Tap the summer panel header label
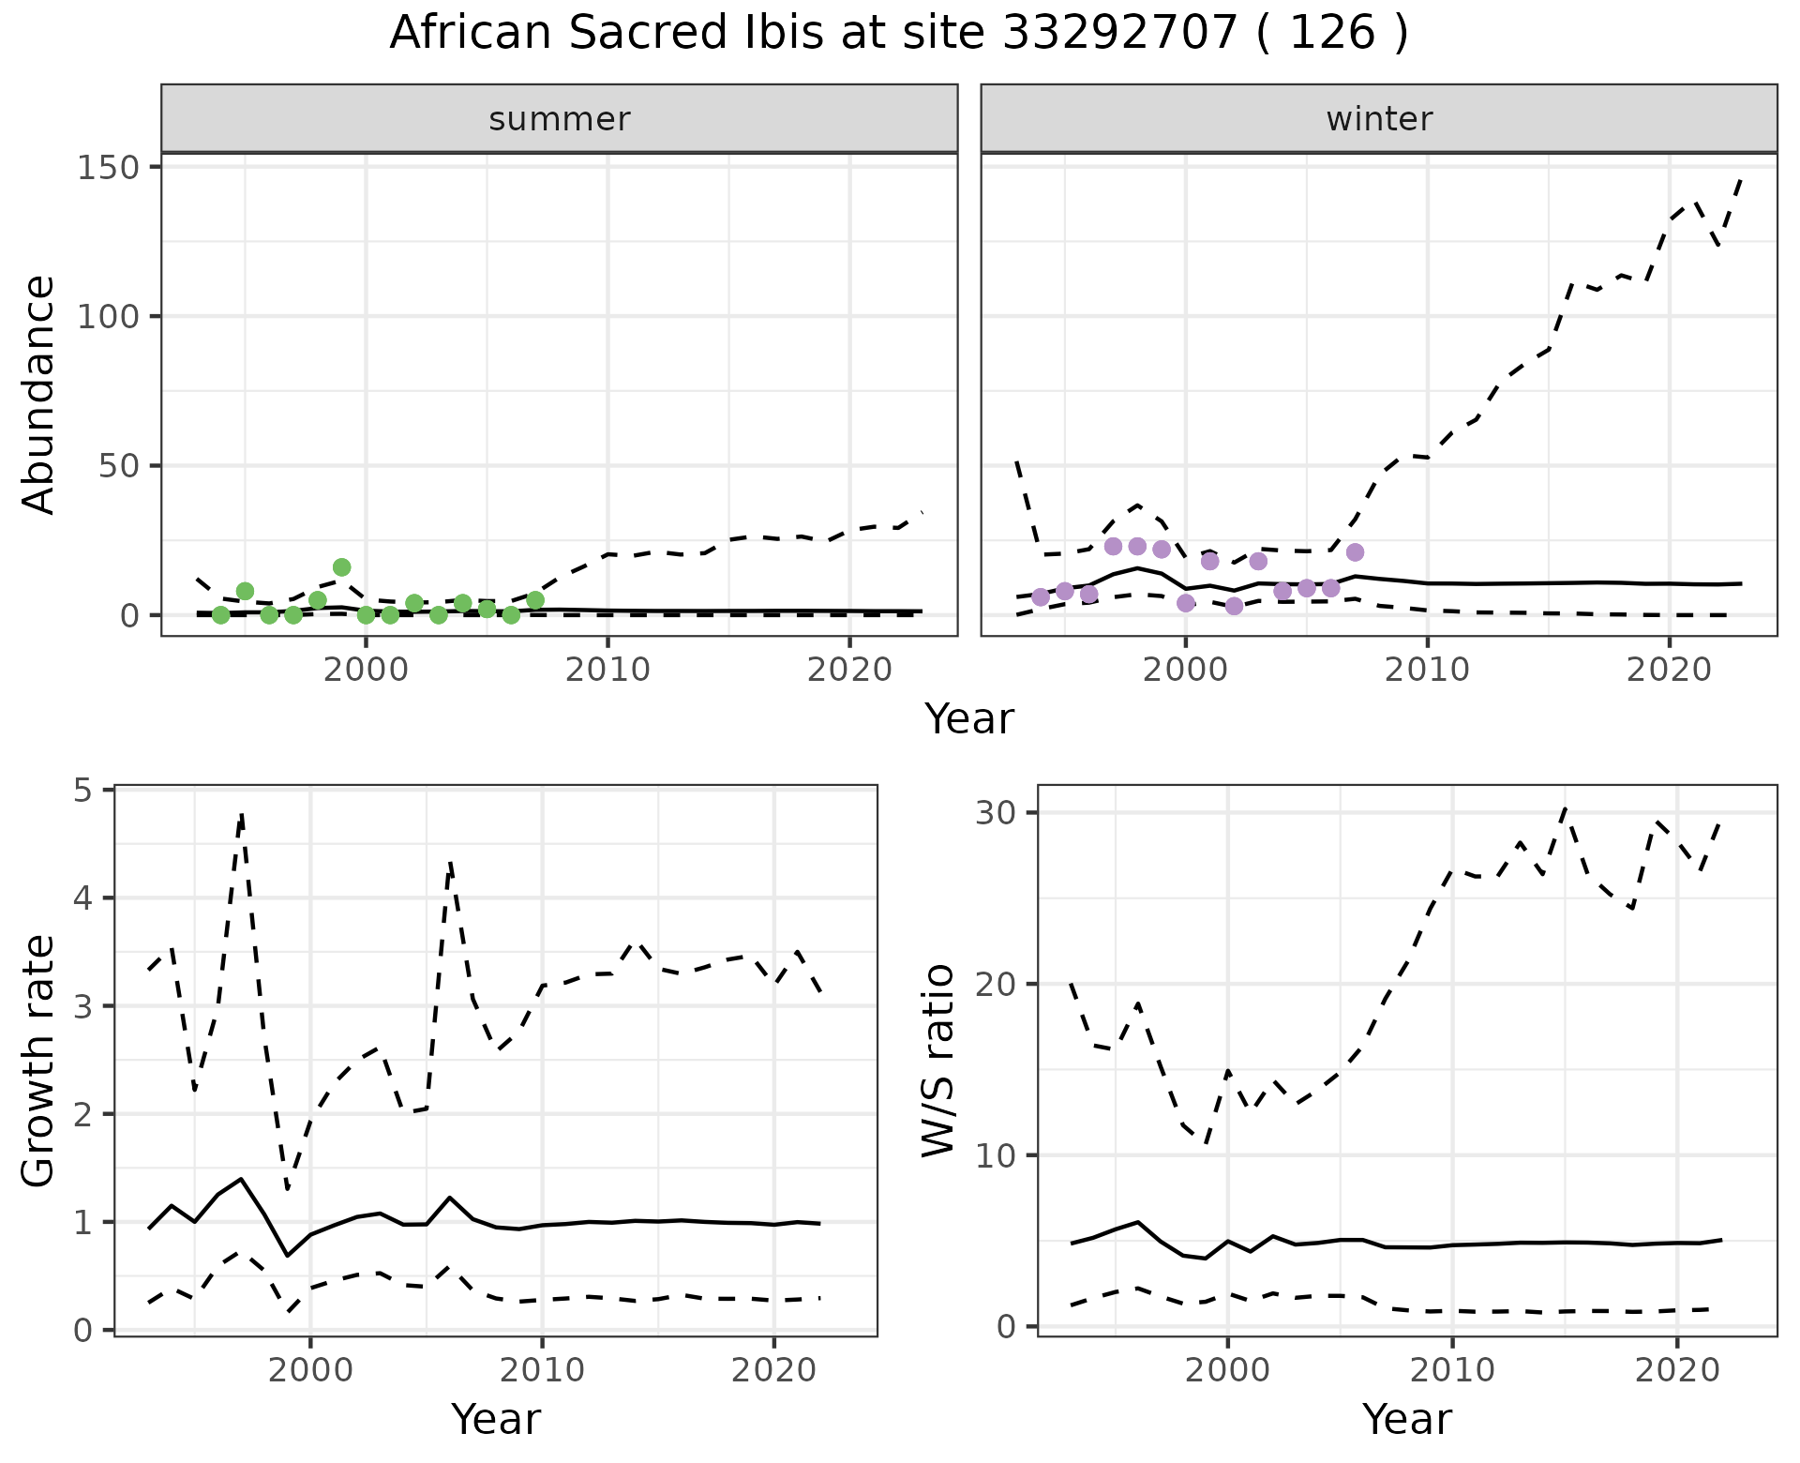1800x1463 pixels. coord(560,119)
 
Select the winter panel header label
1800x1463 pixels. coord(1379,119)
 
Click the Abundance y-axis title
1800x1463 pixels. coord(39,394)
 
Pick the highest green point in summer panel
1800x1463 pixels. coord(341,567)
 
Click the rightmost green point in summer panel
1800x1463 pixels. coord(535,600)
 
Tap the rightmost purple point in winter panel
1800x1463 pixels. coord(1355,552)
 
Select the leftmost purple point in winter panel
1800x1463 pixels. coord(1041,597)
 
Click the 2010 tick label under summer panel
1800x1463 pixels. coord(607,670)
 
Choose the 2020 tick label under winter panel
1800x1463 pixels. coord(1669,670)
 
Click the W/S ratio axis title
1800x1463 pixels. coord(937,1060)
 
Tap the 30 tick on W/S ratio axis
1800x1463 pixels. coord(999,812)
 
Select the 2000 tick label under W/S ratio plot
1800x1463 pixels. coord(1227,1370)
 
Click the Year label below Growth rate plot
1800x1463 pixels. coord(496,1419)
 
